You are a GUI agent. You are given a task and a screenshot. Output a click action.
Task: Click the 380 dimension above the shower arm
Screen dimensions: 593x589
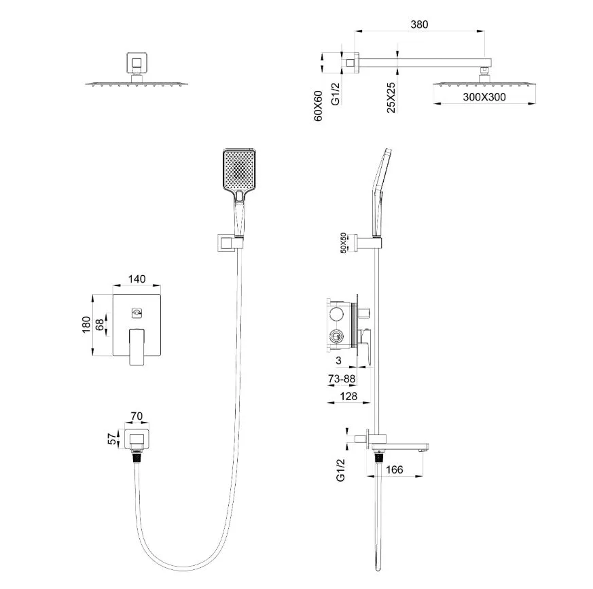click(x=419, y=24)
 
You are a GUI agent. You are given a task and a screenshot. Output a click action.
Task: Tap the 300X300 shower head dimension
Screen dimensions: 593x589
click(x=484, y=97)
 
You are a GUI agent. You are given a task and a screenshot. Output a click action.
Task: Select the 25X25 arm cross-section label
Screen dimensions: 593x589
click(x=391, y=98)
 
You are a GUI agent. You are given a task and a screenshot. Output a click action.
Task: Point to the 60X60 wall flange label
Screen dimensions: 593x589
click(x=319, y=106)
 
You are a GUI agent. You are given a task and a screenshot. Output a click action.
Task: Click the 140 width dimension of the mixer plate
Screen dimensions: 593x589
click(x=137, y=279)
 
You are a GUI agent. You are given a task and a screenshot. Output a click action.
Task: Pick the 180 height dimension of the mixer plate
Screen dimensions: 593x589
click(x=86, y=325)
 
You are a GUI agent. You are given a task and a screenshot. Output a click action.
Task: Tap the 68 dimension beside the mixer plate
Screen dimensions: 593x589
click(x=99, y=325)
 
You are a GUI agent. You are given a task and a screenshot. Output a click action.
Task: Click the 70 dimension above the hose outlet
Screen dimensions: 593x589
click(x=137, y=416)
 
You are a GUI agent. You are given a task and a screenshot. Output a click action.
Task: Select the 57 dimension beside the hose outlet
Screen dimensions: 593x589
click(x=112, y=439)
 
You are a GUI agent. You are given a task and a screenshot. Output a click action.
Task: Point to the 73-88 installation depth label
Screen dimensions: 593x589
click(x=342, y=378)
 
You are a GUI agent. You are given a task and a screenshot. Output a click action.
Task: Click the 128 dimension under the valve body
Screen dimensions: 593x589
click(x=348, y=396)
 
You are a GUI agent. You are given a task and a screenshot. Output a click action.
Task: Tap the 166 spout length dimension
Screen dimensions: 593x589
click(x=395, y=469)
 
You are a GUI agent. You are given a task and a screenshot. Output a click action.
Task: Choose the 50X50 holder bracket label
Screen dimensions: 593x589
click(x=343, y=243)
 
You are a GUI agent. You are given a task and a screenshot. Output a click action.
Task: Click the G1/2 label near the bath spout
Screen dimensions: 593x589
click(x=340, y=470)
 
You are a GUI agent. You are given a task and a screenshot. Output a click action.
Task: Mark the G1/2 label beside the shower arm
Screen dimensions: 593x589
click(x=336, y=94)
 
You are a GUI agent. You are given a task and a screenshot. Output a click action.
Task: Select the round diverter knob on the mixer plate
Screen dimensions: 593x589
click(x=137, y=313)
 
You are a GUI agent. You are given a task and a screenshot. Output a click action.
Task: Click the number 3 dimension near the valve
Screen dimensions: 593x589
click(x=338, y=361)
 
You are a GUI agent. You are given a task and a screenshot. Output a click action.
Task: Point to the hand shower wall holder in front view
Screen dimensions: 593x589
click(x=231, y=243)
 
